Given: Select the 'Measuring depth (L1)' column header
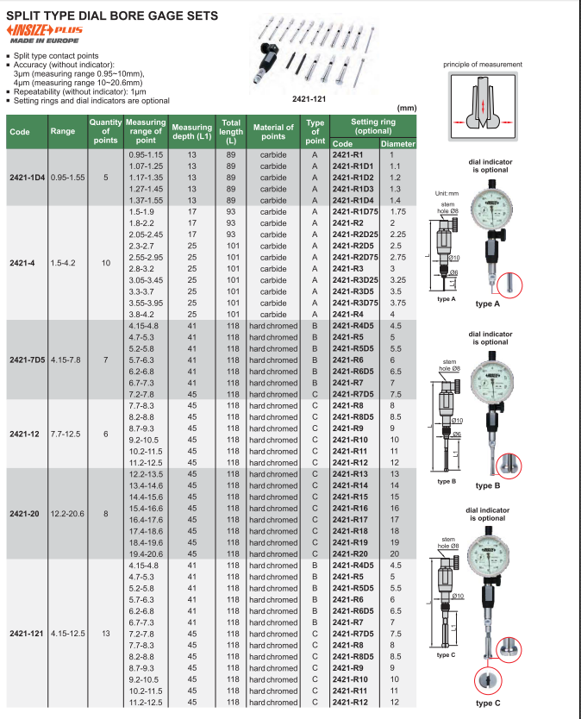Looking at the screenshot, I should pos(191,132).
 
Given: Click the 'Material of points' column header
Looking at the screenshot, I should pos(273,132).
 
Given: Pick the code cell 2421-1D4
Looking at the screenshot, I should pos(27,178).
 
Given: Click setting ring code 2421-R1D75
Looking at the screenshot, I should pos(355,211).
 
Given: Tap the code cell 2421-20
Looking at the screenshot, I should pos(27,514).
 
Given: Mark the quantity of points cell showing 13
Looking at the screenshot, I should pos(105,634).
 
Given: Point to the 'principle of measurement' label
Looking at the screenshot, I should pos(483,65).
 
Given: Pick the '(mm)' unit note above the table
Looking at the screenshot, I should pos(406,109).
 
